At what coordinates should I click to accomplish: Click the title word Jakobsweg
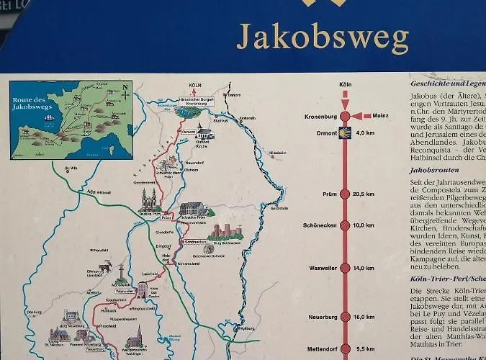click(x=322, y=37)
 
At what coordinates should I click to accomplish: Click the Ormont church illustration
click(x=204, y=134)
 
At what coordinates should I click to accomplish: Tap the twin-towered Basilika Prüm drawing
click(x=150, y=201)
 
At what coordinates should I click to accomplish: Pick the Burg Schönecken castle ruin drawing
click(x=225, y=232)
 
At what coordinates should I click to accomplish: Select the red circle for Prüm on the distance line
click(x=345, y=194)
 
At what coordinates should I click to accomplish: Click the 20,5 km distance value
click(x=366, y=194)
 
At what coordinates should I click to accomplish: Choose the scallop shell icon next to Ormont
click(x=345, y=133)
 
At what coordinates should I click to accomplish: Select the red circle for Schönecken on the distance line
click(x=345, y=225)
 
